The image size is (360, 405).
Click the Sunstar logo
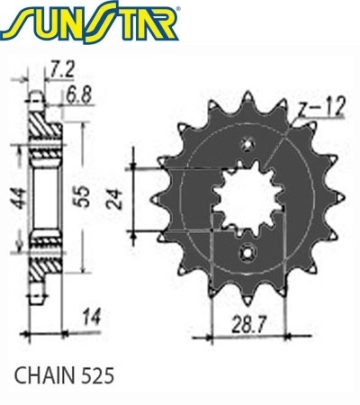[89, 22]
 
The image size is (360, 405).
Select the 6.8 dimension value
[78, 95]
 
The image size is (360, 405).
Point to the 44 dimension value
[20, 198]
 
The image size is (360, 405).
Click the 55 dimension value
[82, 196]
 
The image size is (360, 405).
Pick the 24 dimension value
[116, 199]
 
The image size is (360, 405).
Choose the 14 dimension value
[92, 317]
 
